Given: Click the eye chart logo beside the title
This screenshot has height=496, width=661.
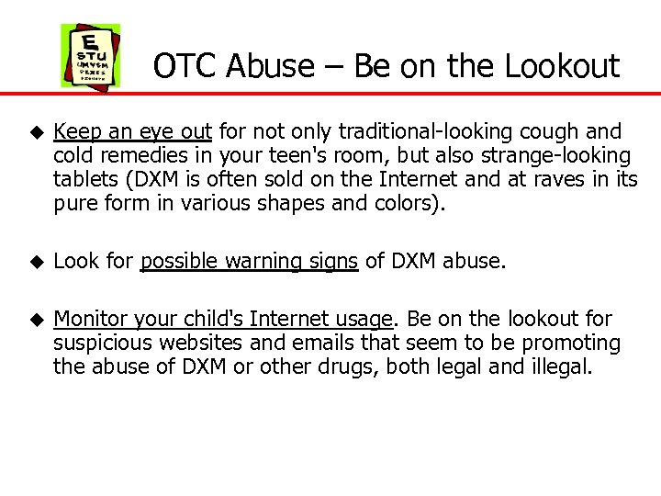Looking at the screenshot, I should (x=90, y=55).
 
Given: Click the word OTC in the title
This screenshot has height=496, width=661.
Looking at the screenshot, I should (x=185, y=66).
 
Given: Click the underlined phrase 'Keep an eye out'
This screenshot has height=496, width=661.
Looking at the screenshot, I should (x=133, y=132).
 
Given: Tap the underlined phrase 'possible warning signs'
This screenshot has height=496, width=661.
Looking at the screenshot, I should (x=249, y=262).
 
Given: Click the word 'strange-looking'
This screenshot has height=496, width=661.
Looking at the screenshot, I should (x=561, y=155).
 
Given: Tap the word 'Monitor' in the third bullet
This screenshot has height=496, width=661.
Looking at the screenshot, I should (x=90, y=320).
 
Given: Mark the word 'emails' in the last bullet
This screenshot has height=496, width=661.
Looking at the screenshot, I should (x=317, y=344).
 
